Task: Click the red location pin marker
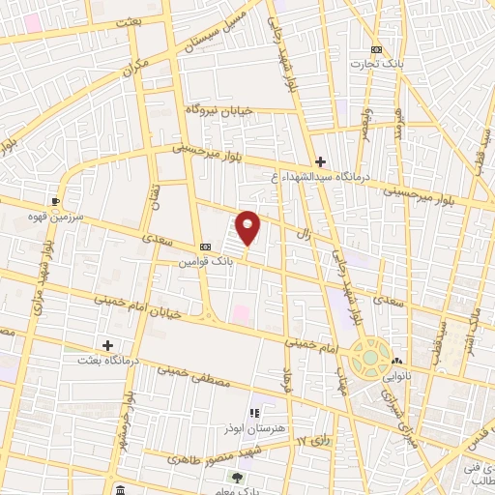(248, 228)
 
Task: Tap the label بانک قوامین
(205, 262)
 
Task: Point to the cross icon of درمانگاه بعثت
(107, 345)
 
